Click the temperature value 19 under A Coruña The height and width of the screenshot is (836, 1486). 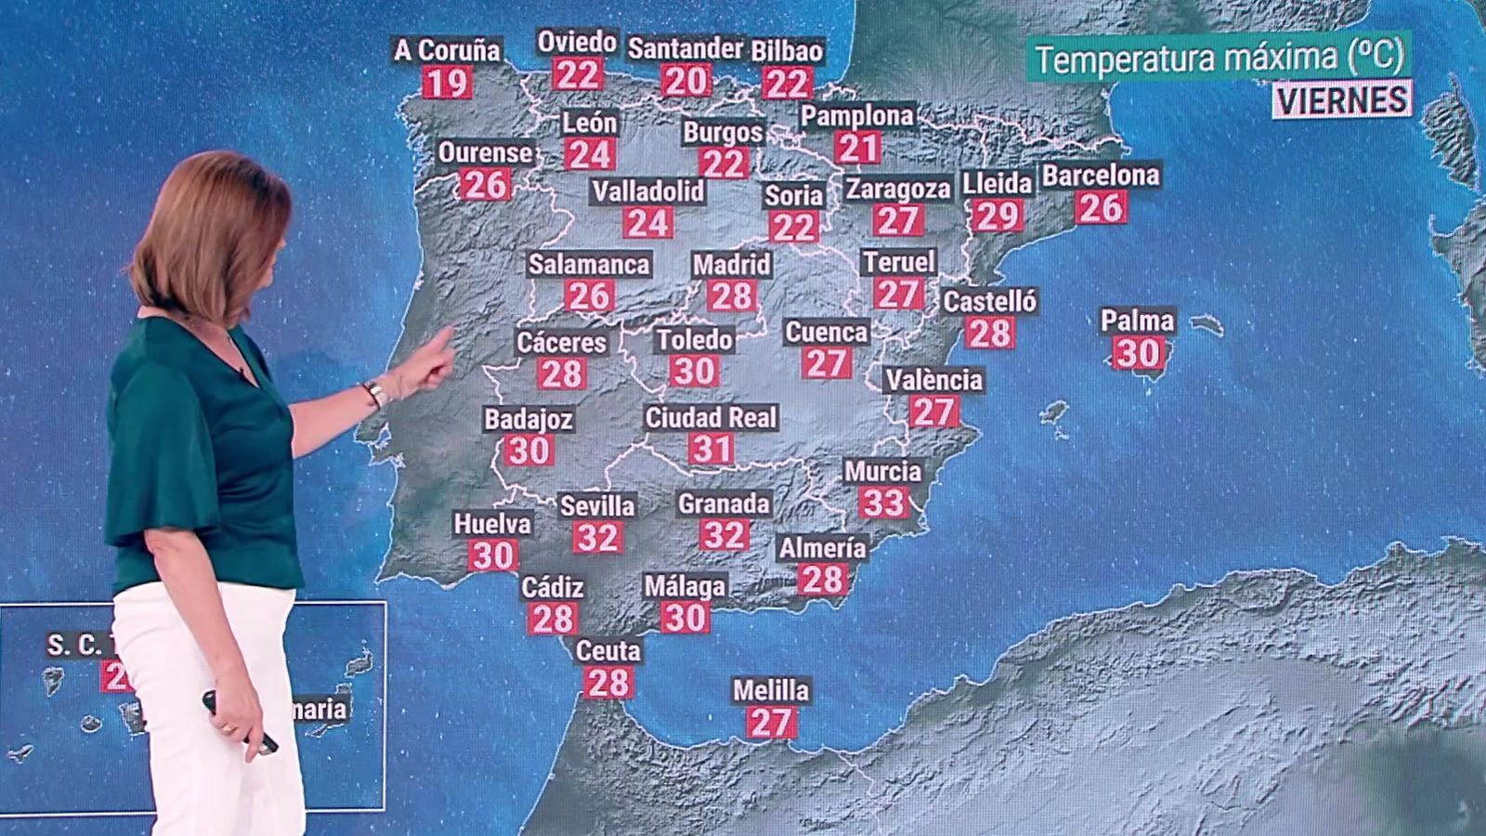[447, 83]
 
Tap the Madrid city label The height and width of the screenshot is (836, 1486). [732, 265]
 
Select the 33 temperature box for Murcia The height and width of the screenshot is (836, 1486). [883, 503]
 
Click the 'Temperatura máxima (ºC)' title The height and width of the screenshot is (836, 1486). [1219, 59]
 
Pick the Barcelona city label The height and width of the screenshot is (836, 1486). [1101, 176]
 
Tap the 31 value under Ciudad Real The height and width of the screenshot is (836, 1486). [711, 450]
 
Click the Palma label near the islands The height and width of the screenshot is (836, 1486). [1138, 321]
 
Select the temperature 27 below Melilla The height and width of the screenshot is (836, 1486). [771, 723]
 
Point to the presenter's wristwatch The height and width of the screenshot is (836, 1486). [374, 393]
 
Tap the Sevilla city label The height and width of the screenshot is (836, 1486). [597, 505]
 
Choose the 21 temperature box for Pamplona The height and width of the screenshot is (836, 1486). [857, 148]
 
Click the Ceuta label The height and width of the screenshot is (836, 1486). [608, 651]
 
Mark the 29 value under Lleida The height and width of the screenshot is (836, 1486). [997, 216]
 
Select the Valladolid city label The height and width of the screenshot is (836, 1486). [648, 191]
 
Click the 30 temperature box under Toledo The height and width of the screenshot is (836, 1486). [694, 372]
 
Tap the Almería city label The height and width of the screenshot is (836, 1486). [822, 548]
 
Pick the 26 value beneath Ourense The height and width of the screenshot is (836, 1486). [485, 184]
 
